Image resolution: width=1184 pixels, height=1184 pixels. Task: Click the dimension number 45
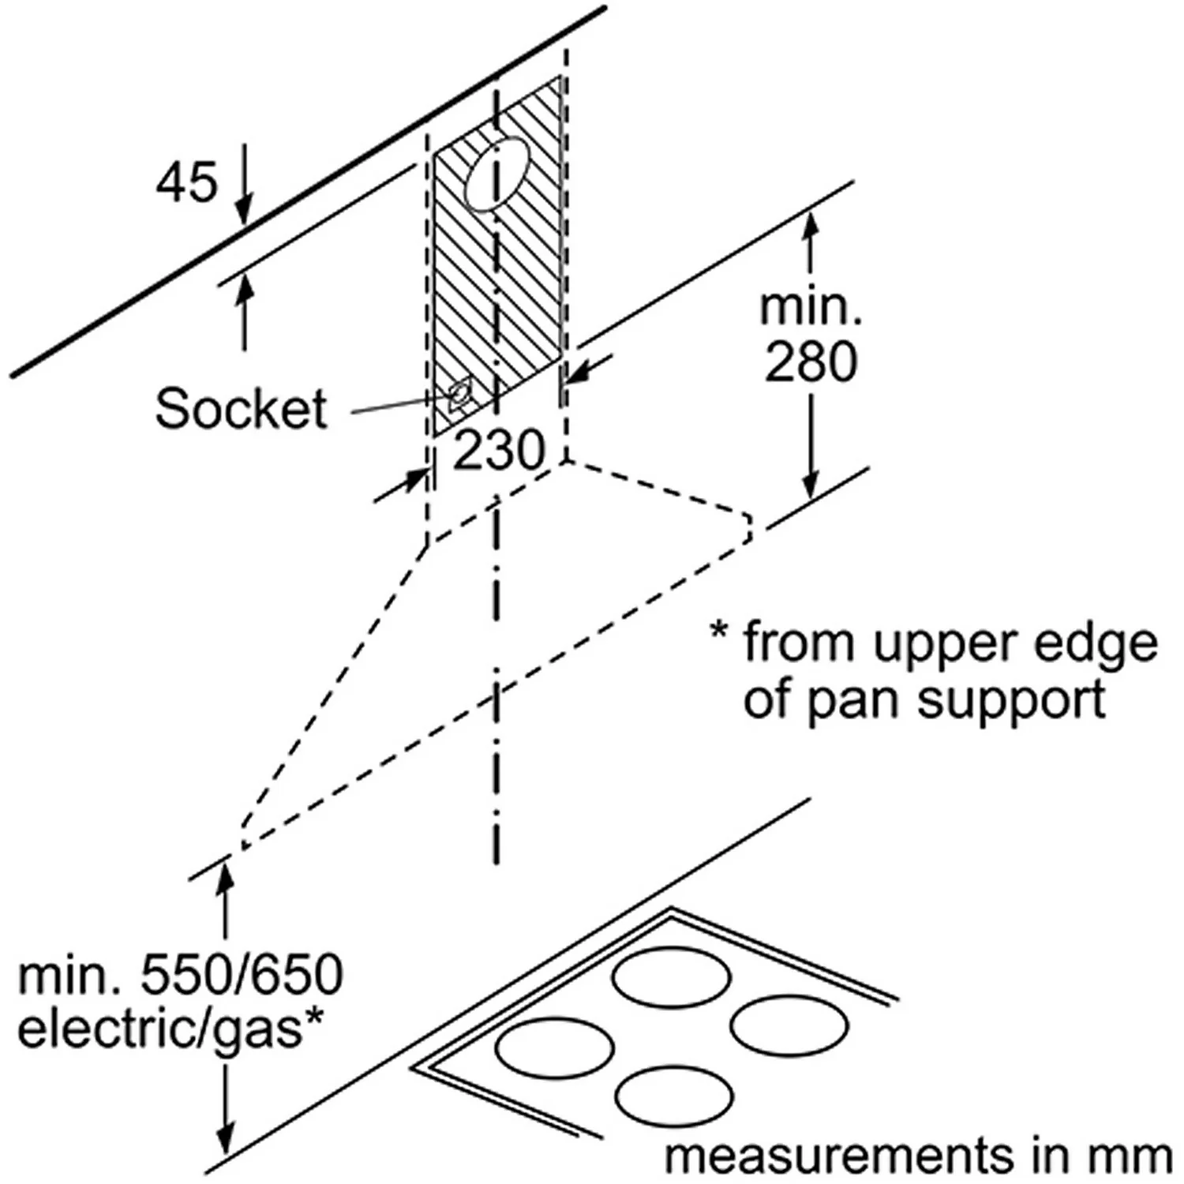tap(186, 182)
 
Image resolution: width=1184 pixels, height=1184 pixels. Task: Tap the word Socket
tap(241, 409)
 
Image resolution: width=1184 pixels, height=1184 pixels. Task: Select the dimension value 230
tap(499, 451)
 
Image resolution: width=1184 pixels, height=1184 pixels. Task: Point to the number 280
tap(811, 362)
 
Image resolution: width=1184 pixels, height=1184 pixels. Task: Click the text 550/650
tap(242, 976)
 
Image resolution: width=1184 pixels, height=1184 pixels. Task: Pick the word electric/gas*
tap(170, 1029)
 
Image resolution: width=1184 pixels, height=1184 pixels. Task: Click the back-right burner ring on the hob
tap(789, 1025)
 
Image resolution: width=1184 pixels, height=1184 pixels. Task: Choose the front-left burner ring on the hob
tap(555, 1048)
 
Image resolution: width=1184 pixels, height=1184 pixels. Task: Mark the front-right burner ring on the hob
tap(673, 1096)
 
